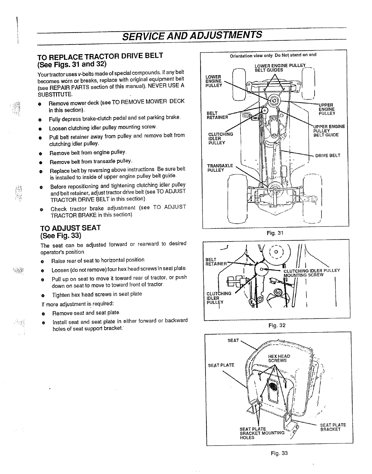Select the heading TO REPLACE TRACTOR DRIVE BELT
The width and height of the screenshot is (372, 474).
tap(100, 56)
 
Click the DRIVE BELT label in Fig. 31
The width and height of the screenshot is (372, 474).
tap(328, 156)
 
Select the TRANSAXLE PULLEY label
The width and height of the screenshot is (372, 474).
tap(220, 168)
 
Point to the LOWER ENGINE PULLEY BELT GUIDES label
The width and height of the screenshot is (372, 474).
tap(280, 68)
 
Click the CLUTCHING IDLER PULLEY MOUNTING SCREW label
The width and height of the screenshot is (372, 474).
tap(311, 273)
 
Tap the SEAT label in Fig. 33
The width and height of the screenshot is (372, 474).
tap(233, 340)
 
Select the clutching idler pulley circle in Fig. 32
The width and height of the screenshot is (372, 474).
tap(262, 270)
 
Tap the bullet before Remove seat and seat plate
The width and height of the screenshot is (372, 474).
tap(43, 314)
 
